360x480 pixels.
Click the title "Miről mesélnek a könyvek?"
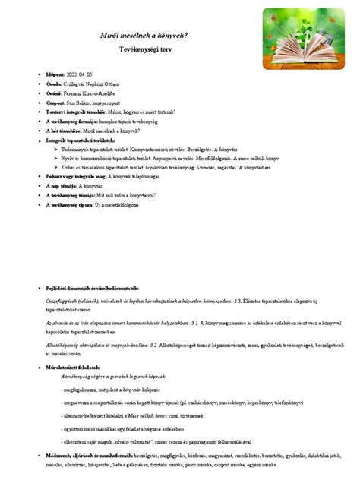pyautogui.click(x=144, y=36)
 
